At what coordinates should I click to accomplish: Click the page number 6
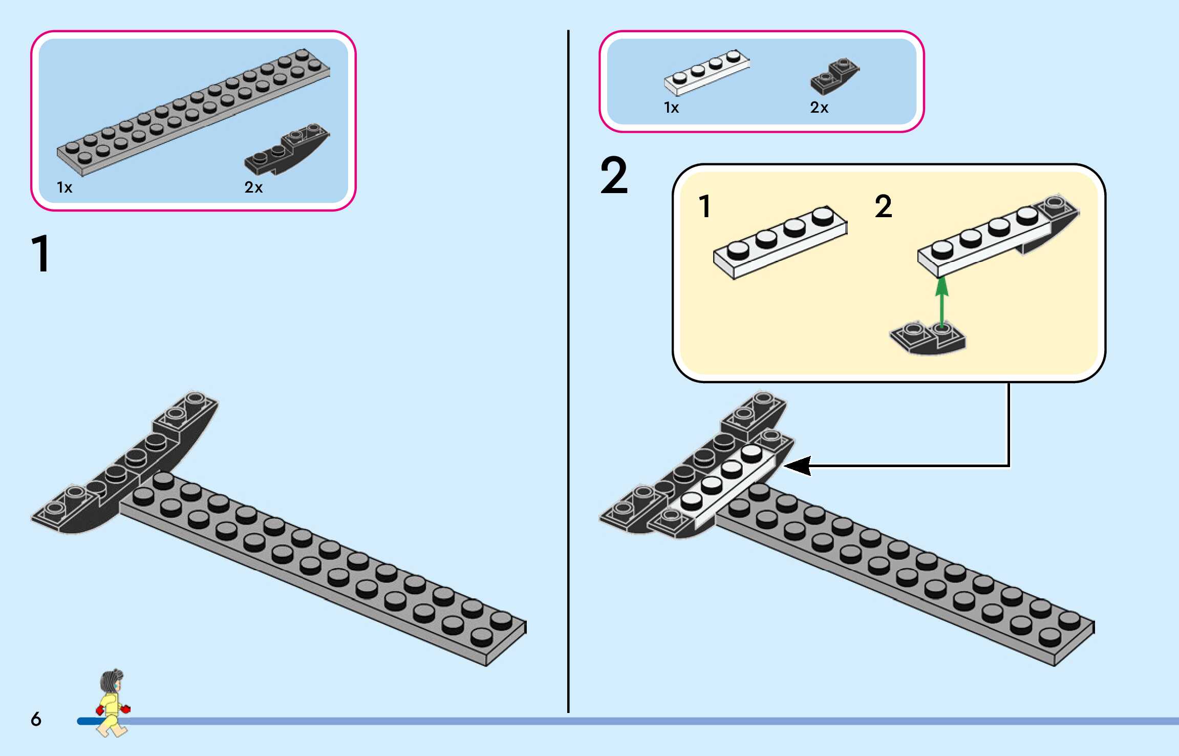tap(36, 719)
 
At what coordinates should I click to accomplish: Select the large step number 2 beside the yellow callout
tap(614, 176)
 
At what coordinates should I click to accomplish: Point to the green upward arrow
tap(941, 302)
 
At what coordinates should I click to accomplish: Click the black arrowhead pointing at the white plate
tap(799, 466)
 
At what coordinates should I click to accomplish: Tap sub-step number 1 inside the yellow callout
tap(705, 206)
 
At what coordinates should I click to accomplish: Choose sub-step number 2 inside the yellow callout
tap(884, 206)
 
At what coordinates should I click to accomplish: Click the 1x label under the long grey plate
tap(65, 187)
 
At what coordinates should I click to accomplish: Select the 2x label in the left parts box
tap(253, 187)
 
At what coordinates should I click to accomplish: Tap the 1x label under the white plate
tap(671, 108)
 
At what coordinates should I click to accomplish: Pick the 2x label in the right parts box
tap(819, 108)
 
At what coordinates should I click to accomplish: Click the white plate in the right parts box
tap(707, 73)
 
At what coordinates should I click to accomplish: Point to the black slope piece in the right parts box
tap(834, 77)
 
